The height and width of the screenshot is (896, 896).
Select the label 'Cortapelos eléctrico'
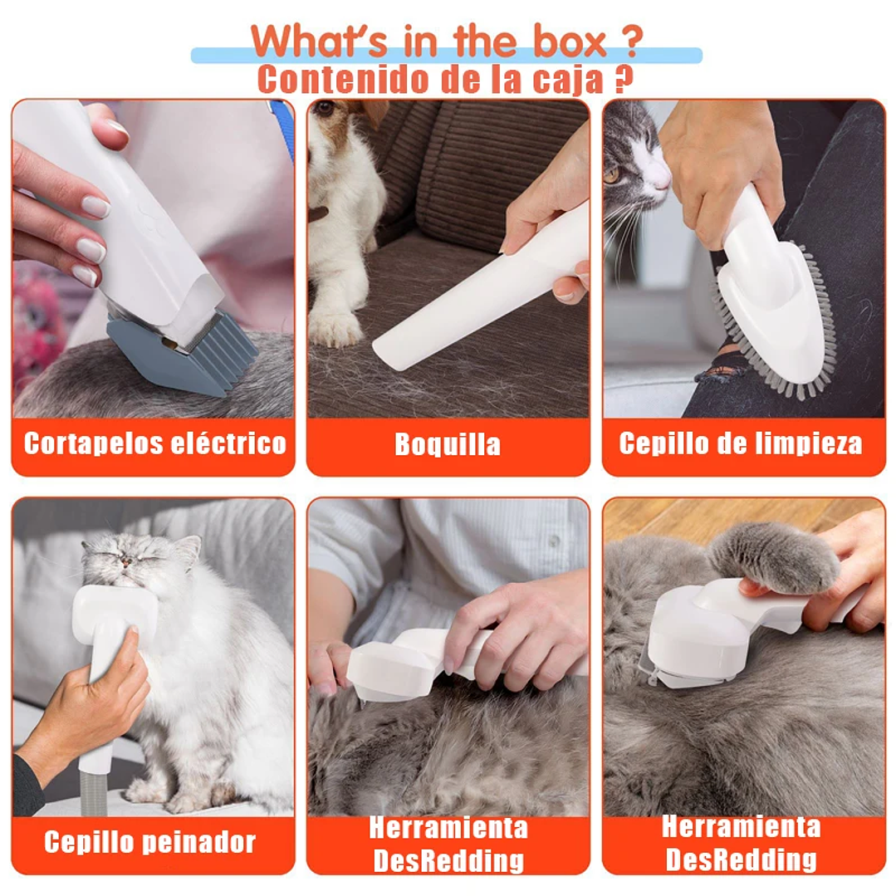click(154, 443)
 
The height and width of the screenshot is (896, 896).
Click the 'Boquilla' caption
click(448, 445)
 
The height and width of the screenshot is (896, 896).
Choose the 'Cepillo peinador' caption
click(149, 842)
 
